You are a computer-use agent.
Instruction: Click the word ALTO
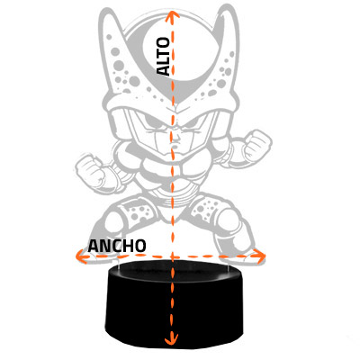(x=164, y=57)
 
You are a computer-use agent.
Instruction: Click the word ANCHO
(x=117, y=247)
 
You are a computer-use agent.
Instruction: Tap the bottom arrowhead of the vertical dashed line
(x=172, y=338)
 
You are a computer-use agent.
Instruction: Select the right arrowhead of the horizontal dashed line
(x=260, y=256)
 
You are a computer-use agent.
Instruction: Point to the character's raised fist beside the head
(x=256, y=145)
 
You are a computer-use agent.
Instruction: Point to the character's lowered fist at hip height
(x=91, y=170)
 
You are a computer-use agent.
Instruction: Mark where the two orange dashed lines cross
(x=172, y=256)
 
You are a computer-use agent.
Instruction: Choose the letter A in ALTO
(x=164, y=70)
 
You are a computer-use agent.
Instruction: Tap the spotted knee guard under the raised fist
(x=208, y=209)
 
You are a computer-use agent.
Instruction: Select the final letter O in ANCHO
(x=140, y=247)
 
